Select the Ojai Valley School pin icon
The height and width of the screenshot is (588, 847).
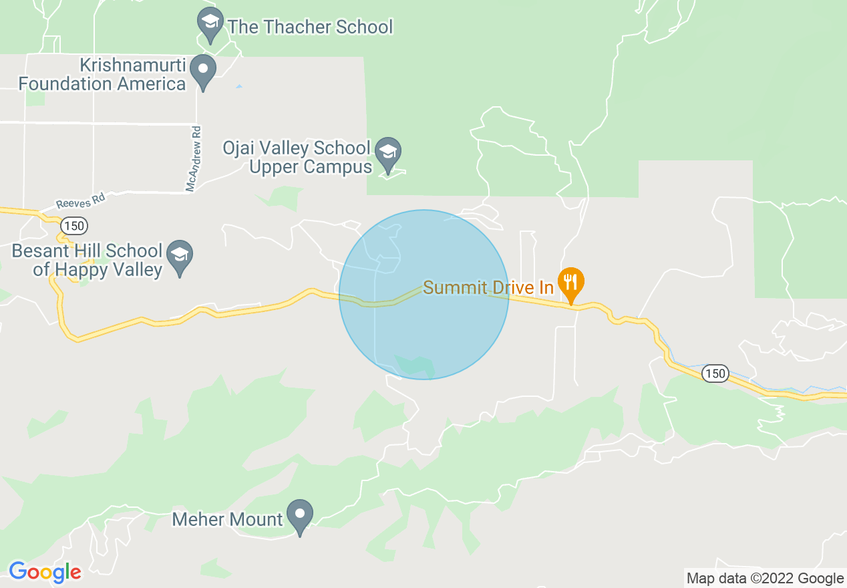click(x=387, y=152)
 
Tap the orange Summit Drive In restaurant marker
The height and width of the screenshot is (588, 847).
click(x=570, y=283)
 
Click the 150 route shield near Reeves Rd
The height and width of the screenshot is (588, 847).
click(x=74, y=225)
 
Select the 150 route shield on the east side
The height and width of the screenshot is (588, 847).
click(x=715, y=374)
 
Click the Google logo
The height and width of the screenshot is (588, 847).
click(x=45, y=572)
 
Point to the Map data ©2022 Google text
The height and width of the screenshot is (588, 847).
click(x=766, y=578)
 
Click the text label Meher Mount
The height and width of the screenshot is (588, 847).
click(x=227, y=519)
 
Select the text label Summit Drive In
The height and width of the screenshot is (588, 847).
click(x=488, y=287)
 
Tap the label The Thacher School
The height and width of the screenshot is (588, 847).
click(x=310, y=27)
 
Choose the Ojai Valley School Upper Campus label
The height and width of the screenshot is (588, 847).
click(x=306, y=157)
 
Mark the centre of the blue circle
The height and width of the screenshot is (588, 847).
click(x=423, y=295)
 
